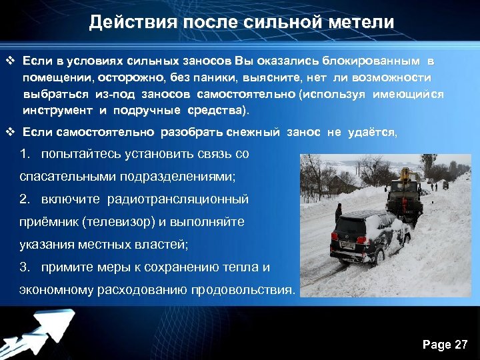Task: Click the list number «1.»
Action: (26, 154)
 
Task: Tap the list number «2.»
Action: (26, 199)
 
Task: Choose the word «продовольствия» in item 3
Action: (241, 291)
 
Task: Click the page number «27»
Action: (461, 345)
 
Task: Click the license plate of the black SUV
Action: (348, 246)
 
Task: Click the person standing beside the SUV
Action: (339, 213)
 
